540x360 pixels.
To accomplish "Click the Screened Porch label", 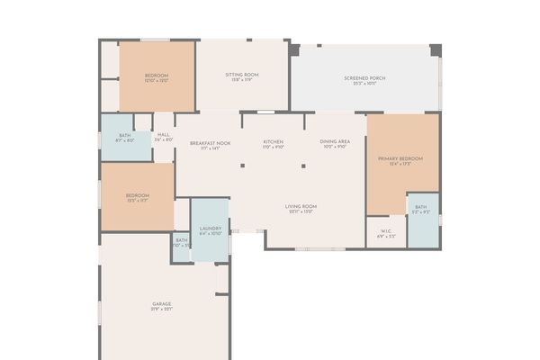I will tap(364, 78).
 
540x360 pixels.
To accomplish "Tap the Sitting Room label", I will tap(242, 75).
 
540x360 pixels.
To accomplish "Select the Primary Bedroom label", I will tap(401, 158).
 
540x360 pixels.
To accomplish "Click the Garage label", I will tap(162, 304).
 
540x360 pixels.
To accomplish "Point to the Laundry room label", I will tap(211, 229).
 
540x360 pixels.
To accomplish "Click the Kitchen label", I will tap(274, 142).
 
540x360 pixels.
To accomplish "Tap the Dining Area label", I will tap(334, 142).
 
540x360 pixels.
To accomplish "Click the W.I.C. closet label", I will tap(385, 230).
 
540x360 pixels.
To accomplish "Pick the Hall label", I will tap(164, 135).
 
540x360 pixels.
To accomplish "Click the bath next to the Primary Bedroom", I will tap(421, 208).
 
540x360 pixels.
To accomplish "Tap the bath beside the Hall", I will tap(124, 135).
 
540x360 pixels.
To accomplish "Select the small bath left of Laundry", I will tap(181, 240).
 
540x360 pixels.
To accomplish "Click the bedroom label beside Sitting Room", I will tap(157, 75).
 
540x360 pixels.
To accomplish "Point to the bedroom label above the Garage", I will tap(137, 195).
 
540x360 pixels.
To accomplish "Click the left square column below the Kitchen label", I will tap(242, 165).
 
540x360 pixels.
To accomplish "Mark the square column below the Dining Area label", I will tap(304, 165).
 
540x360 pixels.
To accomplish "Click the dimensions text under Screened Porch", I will tap(364, 84).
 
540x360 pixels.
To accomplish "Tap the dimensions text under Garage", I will tap(162, 310).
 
